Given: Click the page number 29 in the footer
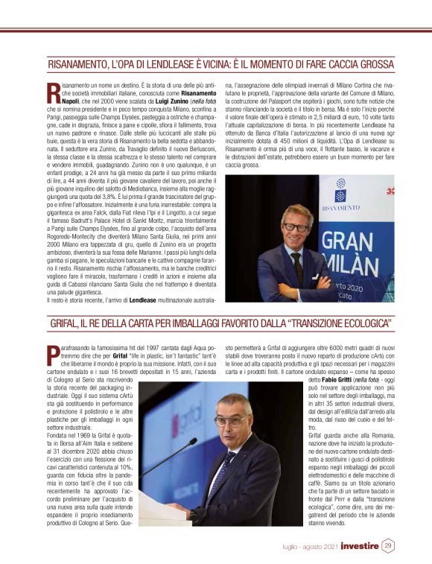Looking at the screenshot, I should point(388,545).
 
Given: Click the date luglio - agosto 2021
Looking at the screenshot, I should point(311,546).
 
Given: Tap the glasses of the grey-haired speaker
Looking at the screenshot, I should point(233,422).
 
